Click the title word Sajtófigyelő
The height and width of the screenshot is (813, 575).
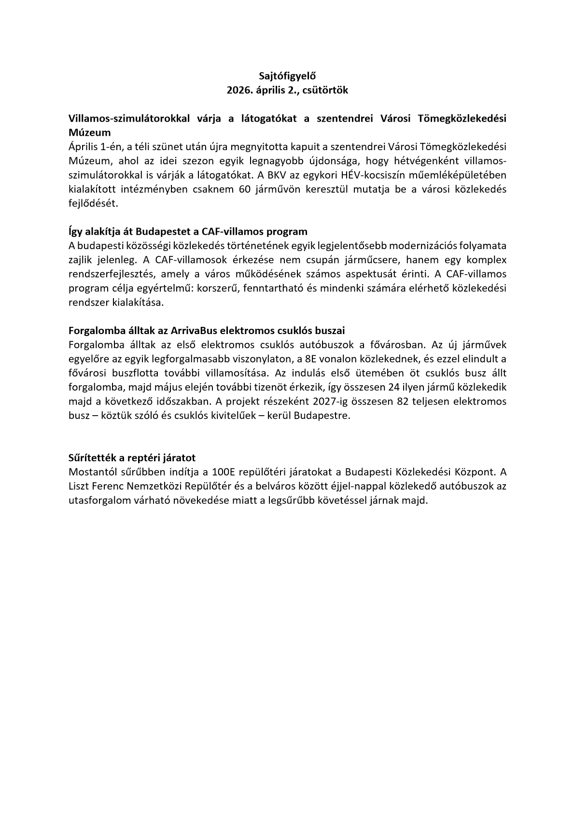click(287, 76)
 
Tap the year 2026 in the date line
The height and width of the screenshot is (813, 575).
click(238, 90)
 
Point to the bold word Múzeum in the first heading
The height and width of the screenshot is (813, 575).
click(90, 132)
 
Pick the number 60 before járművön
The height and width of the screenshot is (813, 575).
click(245, 189)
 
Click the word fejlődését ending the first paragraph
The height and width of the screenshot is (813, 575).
click(93, 203)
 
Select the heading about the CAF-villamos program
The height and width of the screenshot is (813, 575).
click(188, 231)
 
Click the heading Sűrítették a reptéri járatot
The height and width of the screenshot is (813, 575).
click(132, 458)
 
